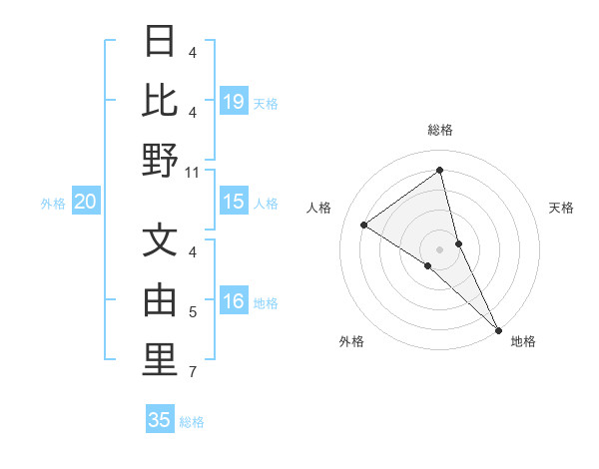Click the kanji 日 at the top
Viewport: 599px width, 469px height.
pos(160,43)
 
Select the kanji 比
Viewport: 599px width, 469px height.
pos(160,101)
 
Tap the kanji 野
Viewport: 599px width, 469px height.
pos(160,160)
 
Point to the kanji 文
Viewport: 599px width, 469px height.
pos(160,241)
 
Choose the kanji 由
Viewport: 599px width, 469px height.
pos(160,300)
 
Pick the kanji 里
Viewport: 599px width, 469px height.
pos(160,360)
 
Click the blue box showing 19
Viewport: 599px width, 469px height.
pos(234,102)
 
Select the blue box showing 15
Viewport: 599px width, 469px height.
pos(234,203)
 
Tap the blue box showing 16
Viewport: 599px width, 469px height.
pos(234,302)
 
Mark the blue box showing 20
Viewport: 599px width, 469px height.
pos(85,203)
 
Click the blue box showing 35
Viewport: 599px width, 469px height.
pos(160,420)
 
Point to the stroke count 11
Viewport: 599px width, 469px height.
pos(194,172)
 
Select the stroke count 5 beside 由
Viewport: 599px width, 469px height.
pos(193,313)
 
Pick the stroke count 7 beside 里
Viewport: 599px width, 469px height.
pos(193,372)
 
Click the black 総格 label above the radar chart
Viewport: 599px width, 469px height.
pos(440,130)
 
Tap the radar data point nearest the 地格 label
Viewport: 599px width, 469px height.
pos(497,328)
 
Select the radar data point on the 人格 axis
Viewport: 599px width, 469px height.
pos(364,225)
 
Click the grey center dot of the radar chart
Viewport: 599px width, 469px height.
pos(440,248)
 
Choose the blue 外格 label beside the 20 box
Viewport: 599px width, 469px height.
pos(53,204)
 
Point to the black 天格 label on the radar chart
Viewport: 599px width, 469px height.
pos(561,208)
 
